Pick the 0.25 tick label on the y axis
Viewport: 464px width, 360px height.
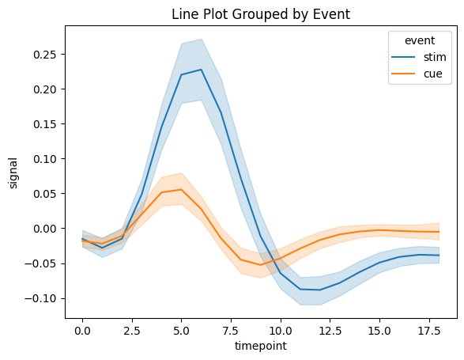tap(43, 55)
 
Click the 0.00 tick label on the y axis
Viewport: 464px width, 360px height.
tap(43, 229)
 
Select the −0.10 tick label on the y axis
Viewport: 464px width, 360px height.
tap(40, 298)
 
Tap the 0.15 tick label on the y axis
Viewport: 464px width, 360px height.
tap(43, 124)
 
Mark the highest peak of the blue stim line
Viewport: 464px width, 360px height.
tap(202, 70)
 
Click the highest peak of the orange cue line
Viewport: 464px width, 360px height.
tap(182, 189)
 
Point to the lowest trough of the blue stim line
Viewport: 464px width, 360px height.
tap(320, 290)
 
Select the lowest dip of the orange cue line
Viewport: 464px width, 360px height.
tap(261, 264)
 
